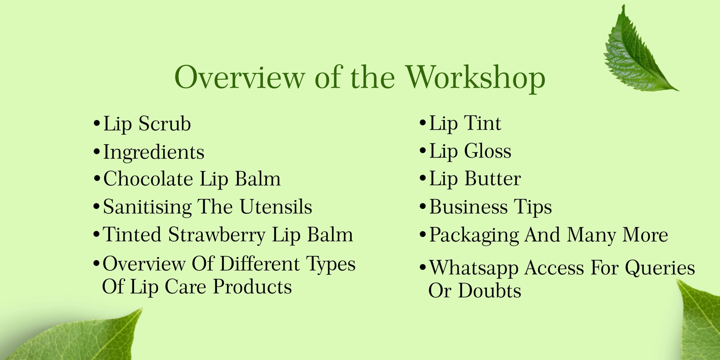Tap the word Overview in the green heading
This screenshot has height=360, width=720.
tap(240, 78)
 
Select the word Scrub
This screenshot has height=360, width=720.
tap(165, 124)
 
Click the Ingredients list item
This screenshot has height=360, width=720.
tap(154, 152)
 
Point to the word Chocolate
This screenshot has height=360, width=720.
tap(148, 179)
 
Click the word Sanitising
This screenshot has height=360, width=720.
tap(147, 207)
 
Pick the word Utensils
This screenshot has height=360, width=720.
tap(276, 207)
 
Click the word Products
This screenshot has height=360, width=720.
tap(252, 287)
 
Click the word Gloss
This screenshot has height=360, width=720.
tap(487, 151)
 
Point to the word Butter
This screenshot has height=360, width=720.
tap(492, 179)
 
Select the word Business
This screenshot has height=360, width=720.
tap(468, 207)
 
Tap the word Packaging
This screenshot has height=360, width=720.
tap(474, 235)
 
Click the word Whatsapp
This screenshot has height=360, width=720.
tap(474, 268)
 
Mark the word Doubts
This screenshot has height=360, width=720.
tap(490, 291)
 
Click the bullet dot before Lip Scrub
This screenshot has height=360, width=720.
tap(97, 123)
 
